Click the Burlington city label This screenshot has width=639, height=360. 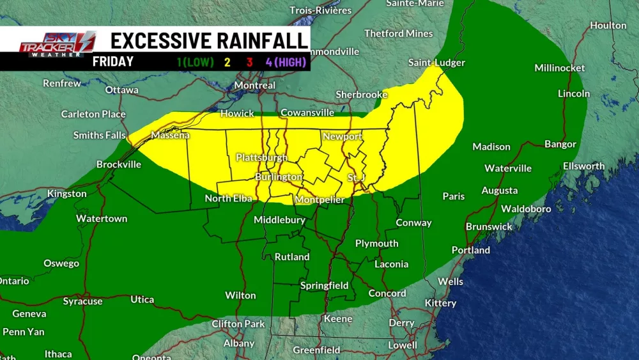tap(279, 177)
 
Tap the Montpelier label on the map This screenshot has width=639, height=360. tap(319, 200)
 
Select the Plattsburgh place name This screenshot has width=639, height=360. tap(261, 157)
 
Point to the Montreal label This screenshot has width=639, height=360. tap(255, 85)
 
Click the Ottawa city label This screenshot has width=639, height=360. tap(122, 90)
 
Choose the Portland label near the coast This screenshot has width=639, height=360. tap(471, 250)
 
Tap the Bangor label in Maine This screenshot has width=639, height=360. tap(560, 144)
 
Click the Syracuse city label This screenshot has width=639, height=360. tap(82, 301)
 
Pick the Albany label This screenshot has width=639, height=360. tap(239, 343)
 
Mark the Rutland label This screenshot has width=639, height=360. tap(292, 257)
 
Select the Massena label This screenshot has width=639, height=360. tap(170, 136)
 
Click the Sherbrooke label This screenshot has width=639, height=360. tap(362, 95)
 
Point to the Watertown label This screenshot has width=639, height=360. tap(102, 219)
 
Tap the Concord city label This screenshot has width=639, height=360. tap(387, 293)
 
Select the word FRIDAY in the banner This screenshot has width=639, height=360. tap(112, 62)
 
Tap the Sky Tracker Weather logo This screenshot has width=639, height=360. tap(57, 45)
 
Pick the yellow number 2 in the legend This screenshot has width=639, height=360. tap(227, 62)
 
